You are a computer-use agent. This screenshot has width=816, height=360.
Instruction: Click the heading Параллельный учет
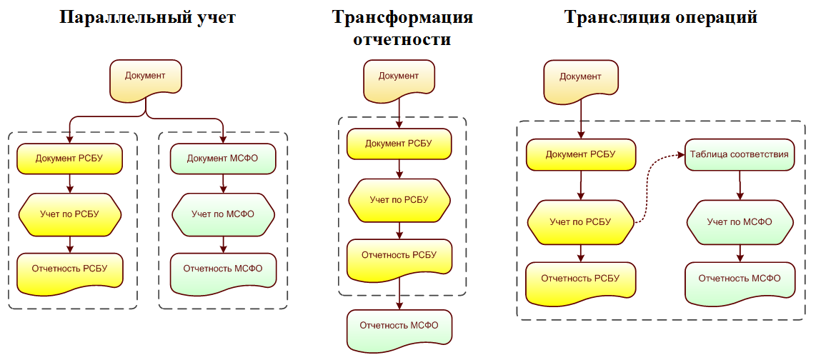148,18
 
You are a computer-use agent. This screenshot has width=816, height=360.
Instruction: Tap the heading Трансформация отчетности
402,28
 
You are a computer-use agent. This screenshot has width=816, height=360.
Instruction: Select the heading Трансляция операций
661,18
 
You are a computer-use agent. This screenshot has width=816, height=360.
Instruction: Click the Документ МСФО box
222,158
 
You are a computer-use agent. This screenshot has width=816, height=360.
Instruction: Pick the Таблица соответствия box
739,154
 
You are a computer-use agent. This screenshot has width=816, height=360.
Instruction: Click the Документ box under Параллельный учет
145,77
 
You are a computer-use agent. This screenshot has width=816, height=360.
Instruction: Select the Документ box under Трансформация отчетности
399,77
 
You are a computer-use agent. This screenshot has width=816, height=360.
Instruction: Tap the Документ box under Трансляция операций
580,77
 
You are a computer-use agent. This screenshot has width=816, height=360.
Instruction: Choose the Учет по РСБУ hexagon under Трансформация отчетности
399,200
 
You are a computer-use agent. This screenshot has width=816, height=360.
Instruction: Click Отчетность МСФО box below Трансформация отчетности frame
399,326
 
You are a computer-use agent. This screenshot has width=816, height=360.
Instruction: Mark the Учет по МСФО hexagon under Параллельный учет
223,214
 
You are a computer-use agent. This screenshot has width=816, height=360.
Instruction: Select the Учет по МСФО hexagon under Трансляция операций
740,222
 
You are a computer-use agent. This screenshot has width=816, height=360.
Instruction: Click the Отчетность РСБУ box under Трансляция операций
580,279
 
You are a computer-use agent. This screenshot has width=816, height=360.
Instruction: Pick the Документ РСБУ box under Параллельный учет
69,158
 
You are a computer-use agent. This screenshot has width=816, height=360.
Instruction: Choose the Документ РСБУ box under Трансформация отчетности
399,144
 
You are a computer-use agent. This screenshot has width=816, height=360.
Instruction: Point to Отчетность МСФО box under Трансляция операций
740,279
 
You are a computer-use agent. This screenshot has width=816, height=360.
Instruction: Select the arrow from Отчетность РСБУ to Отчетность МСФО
399,294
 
